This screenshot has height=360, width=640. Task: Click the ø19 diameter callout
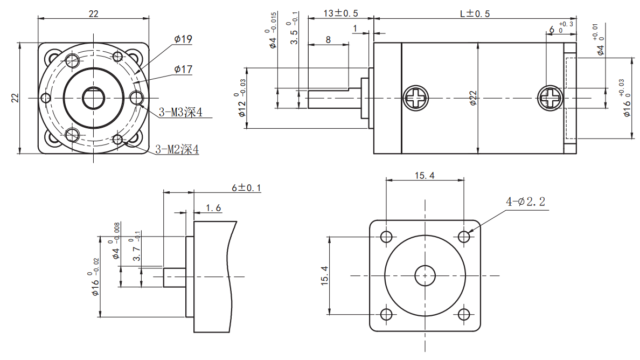[183, 39]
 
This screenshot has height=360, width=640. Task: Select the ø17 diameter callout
[183, 70]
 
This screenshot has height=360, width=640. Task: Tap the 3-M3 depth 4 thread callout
[180, 112]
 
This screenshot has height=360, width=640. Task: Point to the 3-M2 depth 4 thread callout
[177, 149]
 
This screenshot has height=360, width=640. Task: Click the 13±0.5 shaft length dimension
[340, 13]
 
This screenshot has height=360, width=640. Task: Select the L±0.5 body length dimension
[475, 13]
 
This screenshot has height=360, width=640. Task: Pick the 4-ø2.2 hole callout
[525, 202]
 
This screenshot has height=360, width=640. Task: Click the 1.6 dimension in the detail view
[213, 208]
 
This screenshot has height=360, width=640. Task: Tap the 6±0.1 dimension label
[246, 188]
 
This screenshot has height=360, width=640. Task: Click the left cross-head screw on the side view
[415, 98]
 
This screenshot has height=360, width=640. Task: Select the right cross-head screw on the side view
[550, 98]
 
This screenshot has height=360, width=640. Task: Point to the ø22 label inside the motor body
[472, 98]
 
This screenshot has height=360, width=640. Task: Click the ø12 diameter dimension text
[242, 107]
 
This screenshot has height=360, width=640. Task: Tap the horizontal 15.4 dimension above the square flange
[425, 176]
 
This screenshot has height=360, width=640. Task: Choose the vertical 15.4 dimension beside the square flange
[324, 275]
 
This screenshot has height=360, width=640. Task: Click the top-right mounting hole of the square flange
[464, 237]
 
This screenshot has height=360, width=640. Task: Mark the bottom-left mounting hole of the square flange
[386, 315]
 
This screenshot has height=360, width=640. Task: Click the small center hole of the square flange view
[425, 275]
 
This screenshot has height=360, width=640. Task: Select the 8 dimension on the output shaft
[328, 39]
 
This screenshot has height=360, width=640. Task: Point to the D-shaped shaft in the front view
[94, 98]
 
